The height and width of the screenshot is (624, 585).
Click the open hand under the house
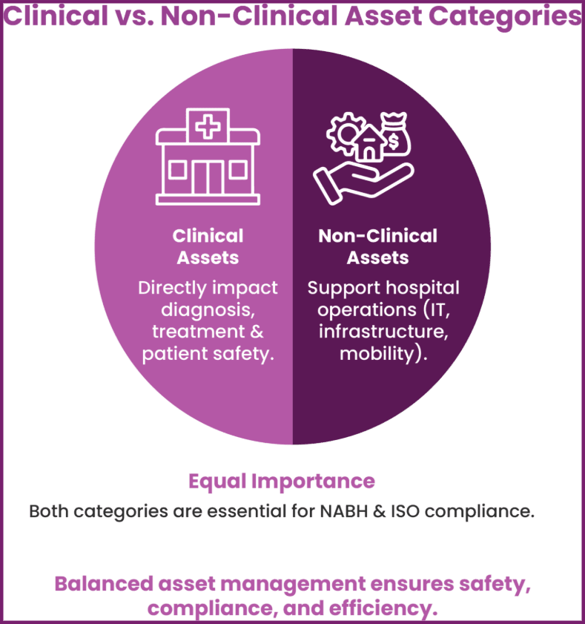point(357,181)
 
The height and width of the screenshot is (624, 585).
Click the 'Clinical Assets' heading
point(208,246)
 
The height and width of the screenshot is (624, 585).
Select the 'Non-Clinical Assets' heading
point(377,246)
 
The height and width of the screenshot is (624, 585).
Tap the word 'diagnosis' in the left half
point(208,309)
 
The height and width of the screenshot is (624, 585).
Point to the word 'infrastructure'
point(383,332)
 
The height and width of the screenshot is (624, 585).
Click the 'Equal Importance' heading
point(281,481)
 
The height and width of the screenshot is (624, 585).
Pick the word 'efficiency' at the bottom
point(385,608)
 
